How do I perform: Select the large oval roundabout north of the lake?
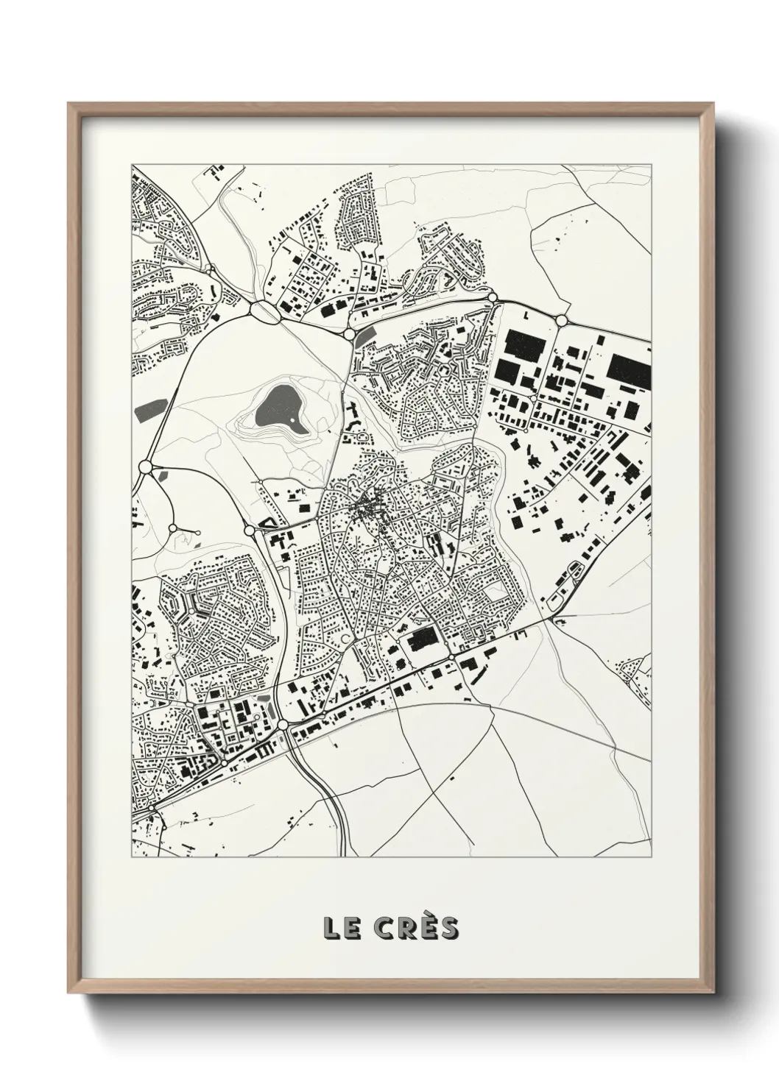264,311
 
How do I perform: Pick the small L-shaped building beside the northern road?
526,315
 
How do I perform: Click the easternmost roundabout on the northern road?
561,320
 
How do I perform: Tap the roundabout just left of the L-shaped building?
493,297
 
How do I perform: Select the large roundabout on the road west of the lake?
145,466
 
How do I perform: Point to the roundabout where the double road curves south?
283,725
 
